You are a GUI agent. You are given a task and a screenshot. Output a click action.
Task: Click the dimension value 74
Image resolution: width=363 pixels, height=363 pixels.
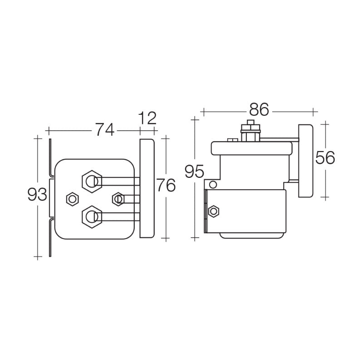point(104,130)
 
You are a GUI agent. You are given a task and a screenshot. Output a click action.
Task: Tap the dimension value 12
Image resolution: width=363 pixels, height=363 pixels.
point(147,118)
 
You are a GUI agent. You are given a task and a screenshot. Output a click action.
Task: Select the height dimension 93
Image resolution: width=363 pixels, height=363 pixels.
point(37,195)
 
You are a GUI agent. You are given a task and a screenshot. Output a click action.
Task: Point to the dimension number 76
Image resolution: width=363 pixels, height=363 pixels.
point(166,186)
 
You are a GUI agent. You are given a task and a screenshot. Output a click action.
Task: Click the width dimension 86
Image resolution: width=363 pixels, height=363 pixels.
point(259,109)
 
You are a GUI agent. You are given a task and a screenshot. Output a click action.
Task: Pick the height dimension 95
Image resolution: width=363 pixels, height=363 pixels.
point(194,172)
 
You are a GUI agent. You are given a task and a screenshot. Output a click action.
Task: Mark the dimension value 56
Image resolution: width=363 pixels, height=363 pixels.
point(325,158)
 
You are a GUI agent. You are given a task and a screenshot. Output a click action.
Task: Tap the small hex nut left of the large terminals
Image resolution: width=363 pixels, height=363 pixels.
point(71,199)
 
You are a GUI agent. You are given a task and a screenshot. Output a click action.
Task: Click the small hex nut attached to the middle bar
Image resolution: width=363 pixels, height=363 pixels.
point(118,198)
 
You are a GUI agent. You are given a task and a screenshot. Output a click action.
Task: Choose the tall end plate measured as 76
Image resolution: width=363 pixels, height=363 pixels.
point(147,188)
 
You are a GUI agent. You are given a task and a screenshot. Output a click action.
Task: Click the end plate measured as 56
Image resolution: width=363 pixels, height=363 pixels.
point(305,161)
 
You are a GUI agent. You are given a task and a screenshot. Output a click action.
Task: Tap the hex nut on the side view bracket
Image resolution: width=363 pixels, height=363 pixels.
point(213,211)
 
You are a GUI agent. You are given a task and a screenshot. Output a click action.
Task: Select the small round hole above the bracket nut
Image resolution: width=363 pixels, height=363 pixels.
point(212,185)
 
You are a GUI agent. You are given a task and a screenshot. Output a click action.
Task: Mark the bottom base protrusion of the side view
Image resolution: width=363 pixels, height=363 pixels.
point(252,235)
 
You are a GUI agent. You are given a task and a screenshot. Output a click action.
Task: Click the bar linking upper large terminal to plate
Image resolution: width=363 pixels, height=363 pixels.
point(118,181)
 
